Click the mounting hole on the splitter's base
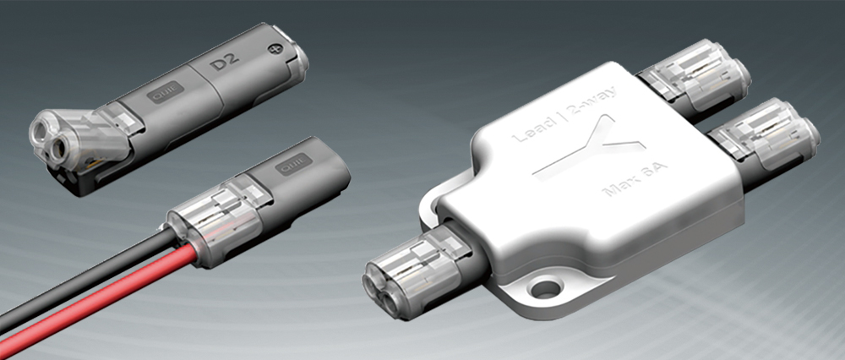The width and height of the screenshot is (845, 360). (x=547, y=289)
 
